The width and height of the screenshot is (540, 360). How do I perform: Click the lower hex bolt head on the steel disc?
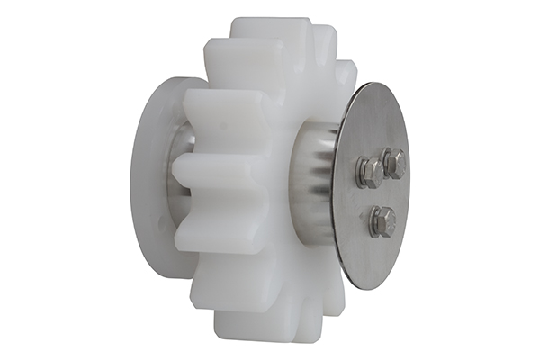click(x=382, y=220)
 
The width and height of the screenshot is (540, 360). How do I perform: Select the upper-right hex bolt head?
click(x=394, y=163)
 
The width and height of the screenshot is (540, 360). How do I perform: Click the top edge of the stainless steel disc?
click(x=378, y=86)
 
